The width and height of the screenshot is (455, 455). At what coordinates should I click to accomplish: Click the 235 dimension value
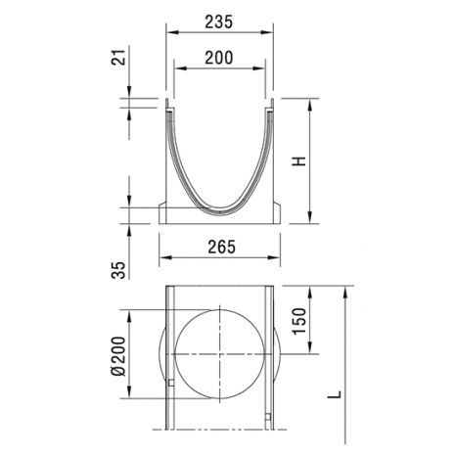(219, 22)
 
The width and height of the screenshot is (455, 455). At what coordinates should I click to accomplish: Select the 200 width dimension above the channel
(219, 58)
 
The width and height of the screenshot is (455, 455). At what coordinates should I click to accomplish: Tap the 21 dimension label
(118, 58)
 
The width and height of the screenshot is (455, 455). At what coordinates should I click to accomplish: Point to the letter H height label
(299, 161)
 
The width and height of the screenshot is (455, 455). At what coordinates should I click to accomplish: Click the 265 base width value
(222, 248)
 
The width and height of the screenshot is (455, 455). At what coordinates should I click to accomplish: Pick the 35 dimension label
(118, 270)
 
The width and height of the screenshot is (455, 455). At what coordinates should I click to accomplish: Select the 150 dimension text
(299, 321)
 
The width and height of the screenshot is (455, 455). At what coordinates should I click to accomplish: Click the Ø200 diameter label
(118, 356)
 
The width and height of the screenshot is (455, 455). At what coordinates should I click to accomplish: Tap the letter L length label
(335, 394)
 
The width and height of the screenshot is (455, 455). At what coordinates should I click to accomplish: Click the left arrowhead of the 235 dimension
(171, 32)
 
